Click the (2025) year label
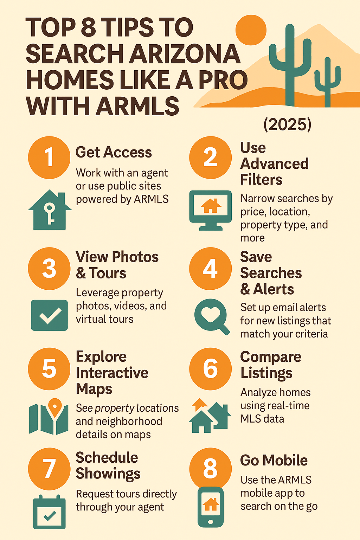(x=288, y=124)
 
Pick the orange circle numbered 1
(x=49, y=157)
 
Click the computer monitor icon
(x=210, y=210)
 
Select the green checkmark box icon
(x=49, y=315)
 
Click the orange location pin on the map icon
(x=54, y=407)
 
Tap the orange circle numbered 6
(x=210, y=369)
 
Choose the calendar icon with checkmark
(x=49, y=512)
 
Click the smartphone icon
(x=210, y=507)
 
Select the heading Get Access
(x=114, y=153)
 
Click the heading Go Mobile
(x=274, y=461)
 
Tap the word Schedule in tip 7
(x=107, y=458)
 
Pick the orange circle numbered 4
(x=210, y=269)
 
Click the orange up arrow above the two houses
(x=200, y=404)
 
